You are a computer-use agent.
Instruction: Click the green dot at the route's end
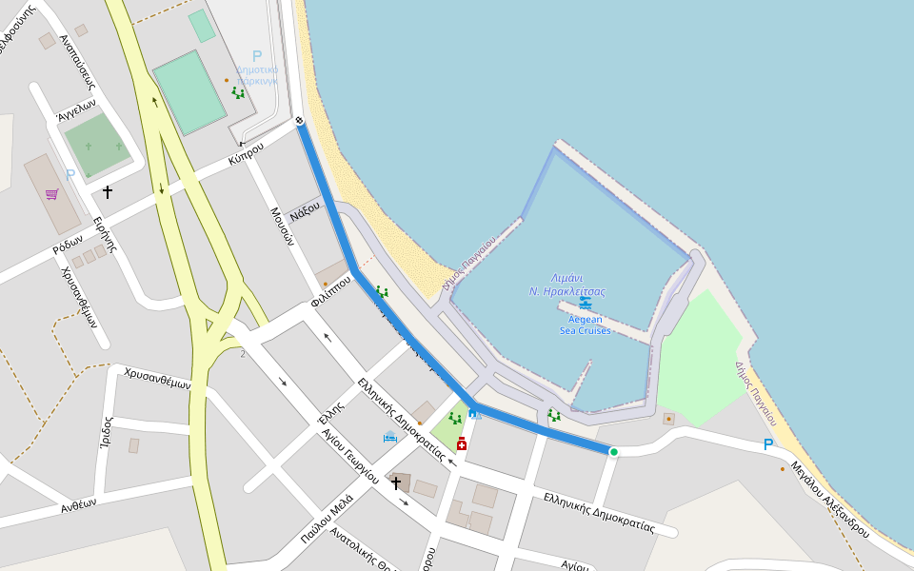[614, 452]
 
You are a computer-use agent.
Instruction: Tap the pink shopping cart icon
[52, 194]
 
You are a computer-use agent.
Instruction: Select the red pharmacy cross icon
[462, 443]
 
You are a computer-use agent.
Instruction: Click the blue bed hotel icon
[389, 438]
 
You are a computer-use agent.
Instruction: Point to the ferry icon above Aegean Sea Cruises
[586, 304]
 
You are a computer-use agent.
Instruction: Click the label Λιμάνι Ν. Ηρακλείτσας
[567, 285]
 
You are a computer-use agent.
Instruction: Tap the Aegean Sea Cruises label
[586, 325]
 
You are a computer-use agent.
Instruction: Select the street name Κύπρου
[246, 156]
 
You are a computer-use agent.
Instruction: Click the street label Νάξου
[304, 208]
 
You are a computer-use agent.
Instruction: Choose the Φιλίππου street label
[330, 294]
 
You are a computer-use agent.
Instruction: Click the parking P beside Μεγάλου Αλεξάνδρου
[768, 444]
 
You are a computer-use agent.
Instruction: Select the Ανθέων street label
[78, 506]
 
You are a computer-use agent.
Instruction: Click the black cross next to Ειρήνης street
[108, 192]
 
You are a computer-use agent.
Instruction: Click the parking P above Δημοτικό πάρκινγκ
[256, 57]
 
